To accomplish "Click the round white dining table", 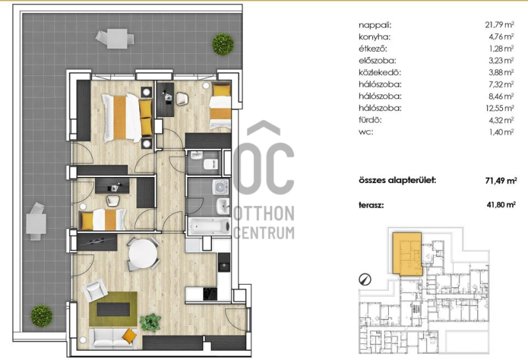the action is (143, 253).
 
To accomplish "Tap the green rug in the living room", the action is (113, 308).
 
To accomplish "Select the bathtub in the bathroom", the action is (209, 227).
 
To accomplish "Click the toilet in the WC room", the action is (211, 164).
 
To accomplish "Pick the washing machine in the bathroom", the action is (220, 188).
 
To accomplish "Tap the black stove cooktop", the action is (210, 293).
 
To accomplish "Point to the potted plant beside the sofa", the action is (150, 322).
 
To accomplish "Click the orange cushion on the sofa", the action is (129, 336).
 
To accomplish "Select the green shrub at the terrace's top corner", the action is (222, 44).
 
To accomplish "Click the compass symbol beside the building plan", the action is (365, 279).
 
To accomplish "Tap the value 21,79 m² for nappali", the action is (500, 25).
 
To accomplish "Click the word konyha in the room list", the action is (374, 37).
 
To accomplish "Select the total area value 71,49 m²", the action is (501, 181).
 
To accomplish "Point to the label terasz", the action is (371, 205).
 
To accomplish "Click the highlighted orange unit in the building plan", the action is (408, 254).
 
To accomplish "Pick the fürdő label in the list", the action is (370, 120).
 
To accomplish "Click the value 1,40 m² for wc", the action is (502, 132).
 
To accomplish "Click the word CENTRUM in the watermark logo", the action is (264, 233).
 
